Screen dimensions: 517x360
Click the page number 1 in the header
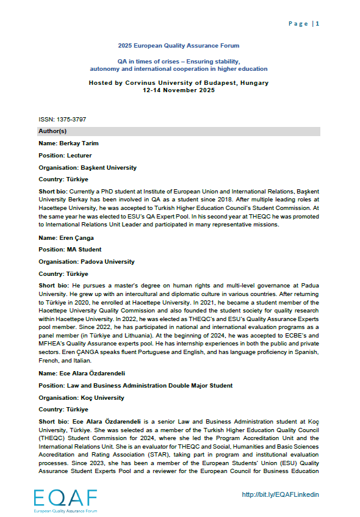(x=318, y=24)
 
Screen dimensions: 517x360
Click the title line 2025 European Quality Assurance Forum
(x=179, y=46)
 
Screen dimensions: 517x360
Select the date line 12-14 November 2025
(x=179, y=89)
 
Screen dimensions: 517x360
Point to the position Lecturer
(x=79, y=156)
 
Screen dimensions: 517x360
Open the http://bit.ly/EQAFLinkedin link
(x=281, y=495)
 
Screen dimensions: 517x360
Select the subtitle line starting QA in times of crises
(x=179, y=62)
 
